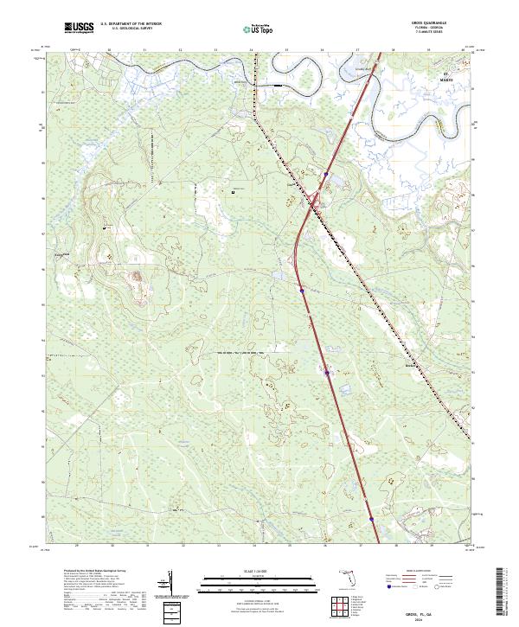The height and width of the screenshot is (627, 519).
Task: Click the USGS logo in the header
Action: pos(79,29)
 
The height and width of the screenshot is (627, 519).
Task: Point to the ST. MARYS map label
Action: pos(446,78)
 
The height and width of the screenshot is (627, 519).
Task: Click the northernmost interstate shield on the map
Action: pos(325,174)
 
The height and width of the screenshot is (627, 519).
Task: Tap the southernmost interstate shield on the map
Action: pos(372,519)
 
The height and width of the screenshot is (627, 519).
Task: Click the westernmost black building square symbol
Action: pos(106,227)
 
